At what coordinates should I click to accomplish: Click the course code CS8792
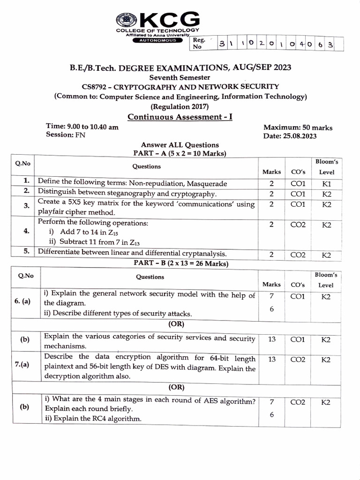[96, 87]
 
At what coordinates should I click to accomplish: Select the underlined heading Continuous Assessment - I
[180, 117]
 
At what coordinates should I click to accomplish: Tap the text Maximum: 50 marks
[298, 127]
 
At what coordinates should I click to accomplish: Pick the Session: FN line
[66, 135]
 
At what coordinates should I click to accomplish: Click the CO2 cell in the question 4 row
[298, 225]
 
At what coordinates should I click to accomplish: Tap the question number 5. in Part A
[27, 252]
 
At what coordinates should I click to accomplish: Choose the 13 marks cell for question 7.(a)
[271, 360]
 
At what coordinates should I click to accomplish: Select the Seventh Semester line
[180, 77]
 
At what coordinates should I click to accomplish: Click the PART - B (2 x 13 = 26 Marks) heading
[180, 264]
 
